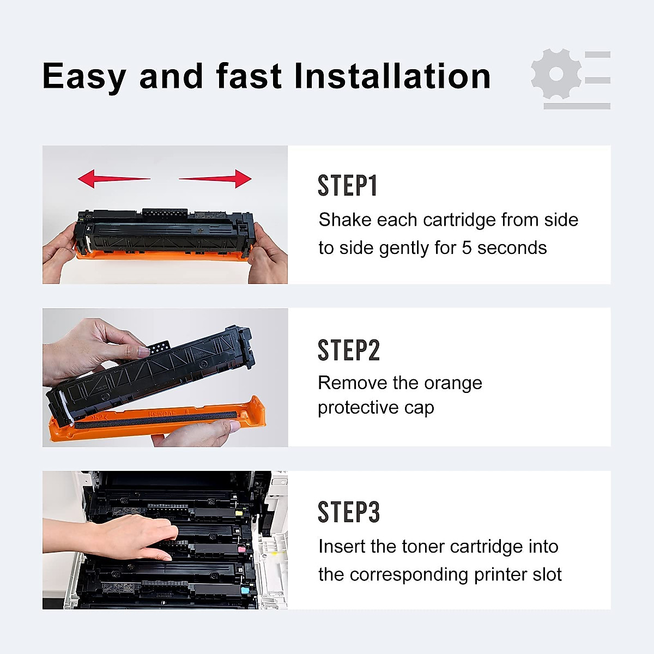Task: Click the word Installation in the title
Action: tap(392, 76)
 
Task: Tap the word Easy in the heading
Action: tap(84, 77)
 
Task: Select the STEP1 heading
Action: tap(347, 186)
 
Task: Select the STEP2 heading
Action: tap(348, 350)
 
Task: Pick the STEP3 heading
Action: tap(348, 512)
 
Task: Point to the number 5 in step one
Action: tap(467, 248)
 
